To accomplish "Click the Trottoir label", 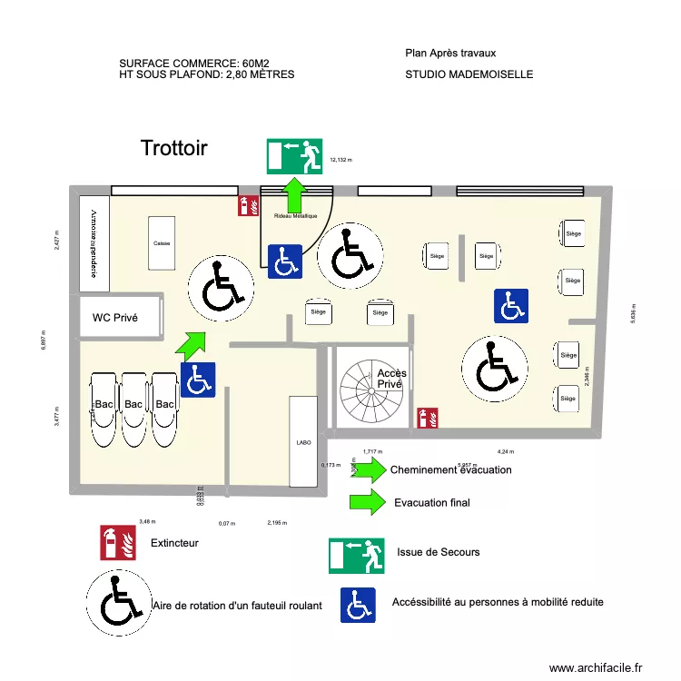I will pyautogui.click(x=174, y=148).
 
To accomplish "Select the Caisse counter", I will pyautogui.click(x=162, y=242).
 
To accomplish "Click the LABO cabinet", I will pyautogui.click(x=303, y=442).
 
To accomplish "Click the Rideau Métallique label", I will pyautogui.click(x=296, y=216).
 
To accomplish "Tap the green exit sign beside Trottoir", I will pyautogui.click(x=295, y=155).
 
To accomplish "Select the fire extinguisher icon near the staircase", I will pyautogui.click(x=428, y=418).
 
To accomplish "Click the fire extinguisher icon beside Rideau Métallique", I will pyautogui.click(x=244, y=206).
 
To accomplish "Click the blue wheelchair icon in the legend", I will pyautogui.click(x=359, y=605).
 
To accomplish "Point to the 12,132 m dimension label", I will pyautogui.click(x=340, y=160).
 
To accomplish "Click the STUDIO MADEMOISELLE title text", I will pyautogui.click(x=469, y=74).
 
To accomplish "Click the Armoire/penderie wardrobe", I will pyautogui.click(x=94, y=243).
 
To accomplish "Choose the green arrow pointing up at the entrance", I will pyautogui.click(x=294, y=194).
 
